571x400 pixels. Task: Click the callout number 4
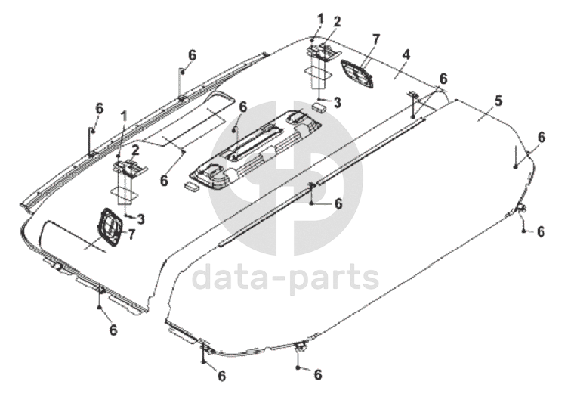point(406,54)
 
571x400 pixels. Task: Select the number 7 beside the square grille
point(132,234)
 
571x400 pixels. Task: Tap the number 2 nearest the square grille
point(135,149)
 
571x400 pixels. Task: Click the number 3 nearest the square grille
point(140,219)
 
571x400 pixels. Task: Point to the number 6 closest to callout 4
point(443,79)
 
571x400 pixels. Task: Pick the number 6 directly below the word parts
point(318,374)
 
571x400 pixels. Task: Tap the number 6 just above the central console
point(243,108)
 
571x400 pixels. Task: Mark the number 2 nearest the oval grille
point(338,21)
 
